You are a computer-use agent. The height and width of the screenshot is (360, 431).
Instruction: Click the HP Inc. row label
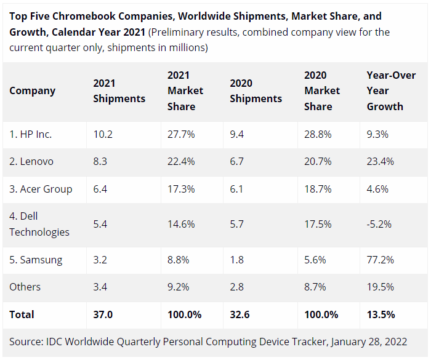(31, 134)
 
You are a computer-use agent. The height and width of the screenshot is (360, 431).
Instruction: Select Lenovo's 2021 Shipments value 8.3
(100, 161)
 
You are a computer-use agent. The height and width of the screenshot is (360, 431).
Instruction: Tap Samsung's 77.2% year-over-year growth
(381, 260)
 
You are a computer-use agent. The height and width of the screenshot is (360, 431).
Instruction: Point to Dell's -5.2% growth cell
(379, 224)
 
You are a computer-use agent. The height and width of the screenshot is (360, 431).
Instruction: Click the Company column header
(32, 90)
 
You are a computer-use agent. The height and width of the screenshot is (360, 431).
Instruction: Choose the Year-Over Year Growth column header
(387, 90)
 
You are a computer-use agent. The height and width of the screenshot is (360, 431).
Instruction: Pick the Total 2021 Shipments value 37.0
(103, 314)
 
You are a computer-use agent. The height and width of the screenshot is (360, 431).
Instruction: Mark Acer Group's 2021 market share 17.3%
(181, 189)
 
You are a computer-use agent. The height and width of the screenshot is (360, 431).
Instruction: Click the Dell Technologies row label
(39, 224)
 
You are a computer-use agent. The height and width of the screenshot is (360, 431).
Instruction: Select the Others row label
(25, 287)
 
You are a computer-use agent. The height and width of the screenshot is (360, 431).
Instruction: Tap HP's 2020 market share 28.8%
(318, 134)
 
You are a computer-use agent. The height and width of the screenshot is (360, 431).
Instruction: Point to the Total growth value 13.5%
(381, 314)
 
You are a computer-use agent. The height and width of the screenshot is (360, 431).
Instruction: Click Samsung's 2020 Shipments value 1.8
(237, 260)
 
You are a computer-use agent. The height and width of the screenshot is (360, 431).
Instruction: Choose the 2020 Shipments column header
(256, 90)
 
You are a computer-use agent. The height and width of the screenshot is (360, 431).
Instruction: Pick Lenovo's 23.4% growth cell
(381, 161)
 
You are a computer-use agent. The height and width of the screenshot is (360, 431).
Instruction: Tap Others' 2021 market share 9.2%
(179, 287)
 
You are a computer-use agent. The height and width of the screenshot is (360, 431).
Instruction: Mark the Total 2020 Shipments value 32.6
(240, 314)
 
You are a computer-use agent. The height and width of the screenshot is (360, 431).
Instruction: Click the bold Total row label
(22, 314)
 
